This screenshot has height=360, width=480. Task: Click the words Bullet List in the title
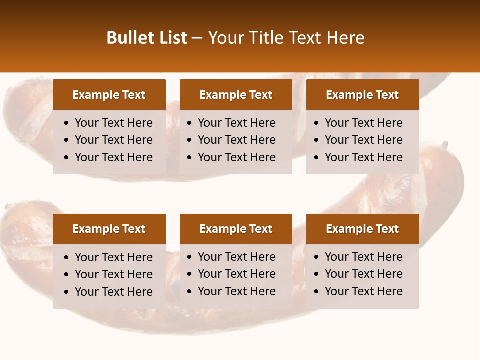coord(147,38)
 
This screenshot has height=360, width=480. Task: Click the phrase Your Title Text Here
coord(286,38)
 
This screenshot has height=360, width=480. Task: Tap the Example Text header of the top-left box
coord(109,95)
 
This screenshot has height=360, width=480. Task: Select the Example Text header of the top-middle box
coord(236,95)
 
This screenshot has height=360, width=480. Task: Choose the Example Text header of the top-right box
coord(362,95)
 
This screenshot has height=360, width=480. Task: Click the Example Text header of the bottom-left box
coord(109,229)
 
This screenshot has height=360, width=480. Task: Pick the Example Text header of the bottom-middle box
coord(236,229)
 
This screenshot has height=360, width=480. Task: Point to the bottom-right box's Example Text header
coord(362,229)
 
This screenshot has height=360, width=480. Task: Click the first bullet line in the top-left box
coord(114,123)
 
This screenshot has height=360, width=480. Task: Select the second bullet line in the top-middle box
coord(237,140)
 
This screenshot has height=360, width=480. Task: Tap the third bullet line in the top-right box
coord(363,157)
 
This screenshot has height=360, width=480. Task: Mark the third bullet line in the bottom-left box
coord(114,292)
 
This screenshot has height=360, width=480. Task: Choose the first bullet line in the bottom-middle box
coord(237,257)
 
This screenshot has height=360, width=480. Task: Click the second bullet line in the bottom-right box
coord(363,274)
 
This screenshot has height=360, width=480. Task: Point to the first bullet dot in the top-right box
coord(317,123)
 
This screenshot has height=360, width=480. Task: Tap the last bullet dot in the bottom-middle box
coord(190,292)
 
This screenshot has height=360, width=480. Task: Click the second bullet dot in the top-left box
coord(67,140)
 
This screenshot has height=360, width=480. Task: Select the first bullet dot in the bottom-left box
coord(67,258)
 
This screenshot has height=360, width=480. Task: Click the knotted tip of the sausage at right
coord(444,145)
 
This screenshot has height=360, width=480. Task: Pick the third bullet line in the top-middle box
coord(237,157)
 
